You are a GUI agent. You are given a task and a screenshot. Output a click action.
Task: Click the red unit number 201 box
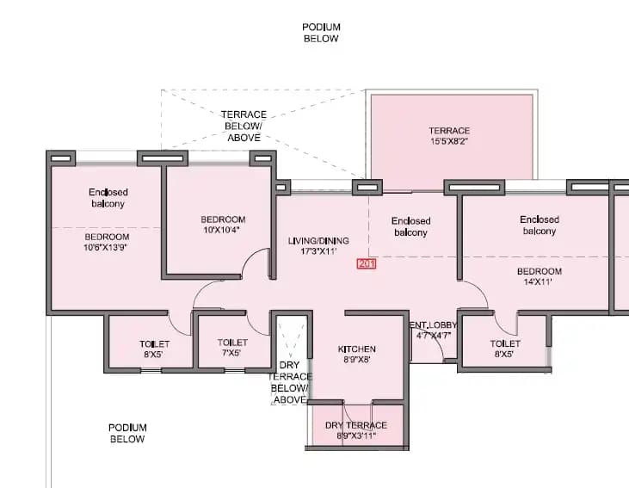pyautogui.click(x=366, y=264)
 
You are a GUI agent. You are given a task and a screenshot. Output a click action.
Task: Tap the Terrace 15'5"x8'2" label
pyautogui.click(x=449, y=136)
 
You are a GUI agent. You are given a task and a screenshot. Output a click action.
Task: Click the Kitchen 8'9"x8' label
pyautogui.click(x=356, y=354)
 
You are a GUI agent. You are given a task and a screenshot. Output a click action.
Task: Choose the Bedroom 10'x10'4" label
pyautogui.click(x=223, y=225)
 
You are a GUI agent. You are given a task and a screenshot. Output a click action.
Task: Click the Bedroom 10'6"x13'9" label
pyautogui.click(x=107, y=243)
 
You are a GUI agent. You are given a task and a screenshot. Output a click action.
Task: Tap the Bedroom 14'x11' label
pyautogui.click(x=540, y=276)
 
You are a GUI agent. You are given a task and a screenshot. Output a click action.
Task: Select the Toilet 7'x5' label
pyautogui.click(x=232, y=348)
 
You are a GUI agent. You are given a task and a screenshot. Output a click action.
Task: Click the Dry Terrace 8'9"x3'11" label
pyautogui.click(x=355, y=430)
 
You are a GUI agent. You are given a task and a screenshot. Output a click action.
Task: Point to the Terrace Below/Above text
pyautogui.click(x=244, y=126)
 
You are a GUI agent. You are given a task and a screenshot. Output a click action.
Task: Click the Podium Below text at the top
pyautogui.click(x=321, y=33)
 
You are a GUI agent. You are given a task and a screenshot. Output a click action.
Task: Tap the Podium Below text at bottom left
pyautogui.click(x=127, y=433)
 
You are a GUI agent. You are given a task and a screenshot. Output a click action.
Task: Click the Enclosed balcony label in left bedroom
pyautogui.click(x=108, y=198)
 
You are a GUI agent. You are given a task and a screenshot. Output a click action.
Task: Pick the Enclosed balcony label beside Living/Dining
pyautogui.click(x=410, y=226)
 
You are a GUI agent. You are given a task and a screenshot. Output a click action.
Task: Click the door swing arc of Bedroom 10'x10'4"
pyautogui.click(x=256, y=262)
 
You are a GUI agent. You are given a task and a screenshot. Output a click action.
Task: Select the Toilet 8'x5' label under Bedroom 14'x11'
pyautogui.click(x=505, y=349)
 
